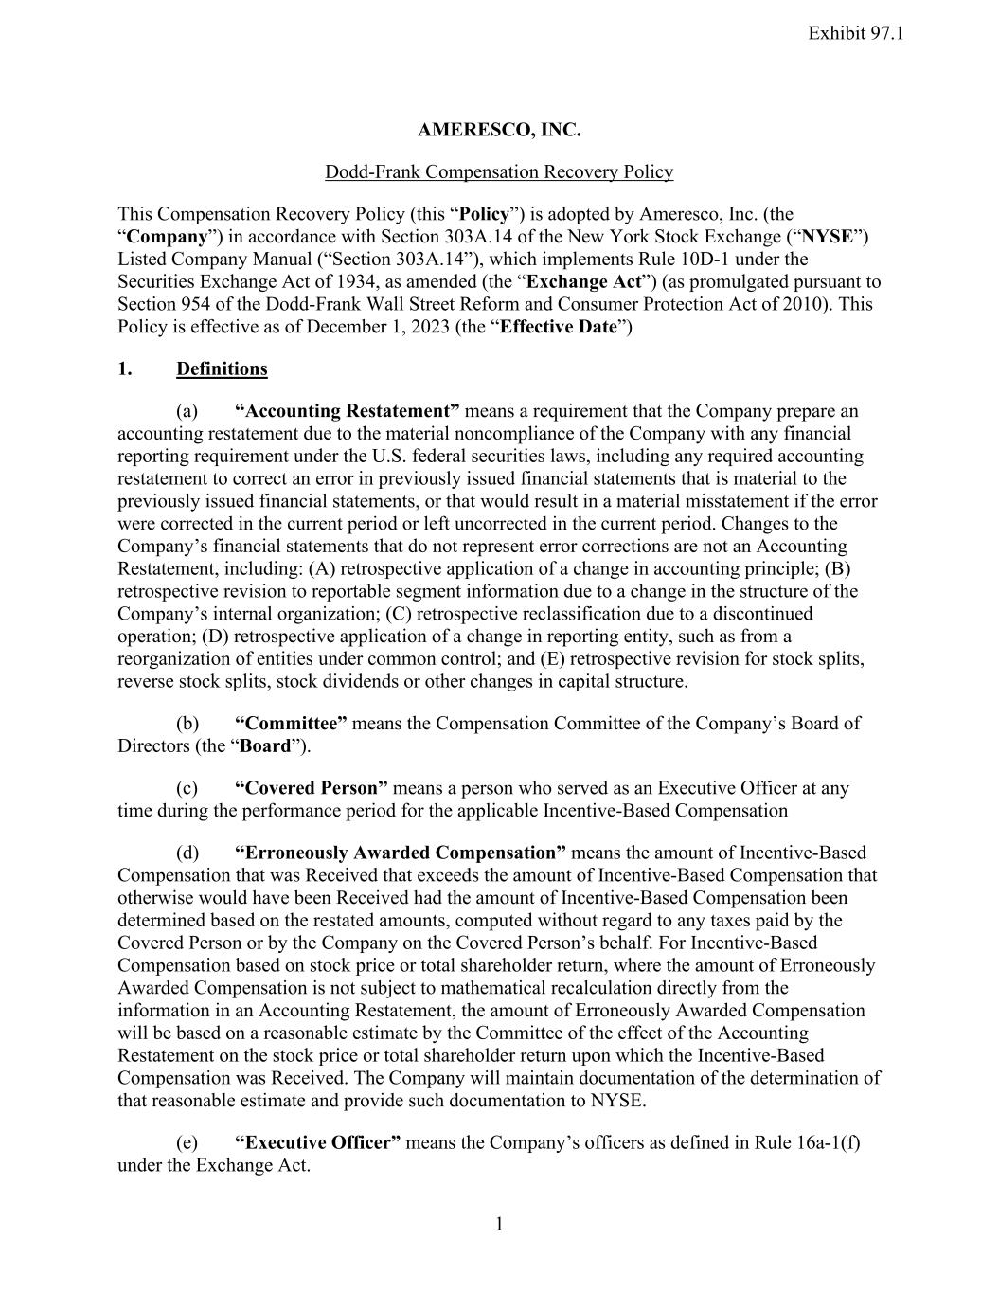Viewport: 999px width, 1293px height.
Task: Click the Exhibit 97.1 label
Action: [856, 33]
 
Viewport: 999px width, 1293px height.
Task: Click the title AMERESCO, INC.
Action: [499, 130]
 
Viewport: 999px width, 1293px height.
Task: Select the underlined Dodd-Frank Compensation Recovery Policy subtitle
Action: [499, 171]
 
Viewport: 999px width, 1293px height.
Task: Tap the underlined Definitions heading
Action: [222, 368]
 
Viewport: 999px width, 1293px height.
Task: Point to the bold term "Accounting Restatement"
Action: [347, 410]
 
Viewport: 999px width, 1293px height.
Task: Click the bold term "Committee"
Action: [291, 723]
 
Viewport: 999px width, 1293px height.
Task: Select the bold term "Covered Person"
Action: [312, 787]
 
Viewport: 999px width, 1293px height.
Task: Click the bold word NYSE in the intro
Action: [829, 236]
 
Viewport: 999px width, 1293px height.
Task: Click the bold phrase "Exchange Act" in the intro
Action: [583, 281]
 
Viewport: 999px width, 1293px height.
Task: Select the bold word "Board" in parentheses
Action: [265, 745]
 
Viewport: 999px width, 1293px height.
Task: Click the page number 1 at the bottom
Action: [499, 1225]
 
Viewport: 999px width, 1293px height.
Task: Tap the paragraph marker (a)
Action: [187, 410]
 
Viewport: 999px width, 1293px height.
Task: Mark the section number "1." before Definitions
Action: [125, 368]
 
